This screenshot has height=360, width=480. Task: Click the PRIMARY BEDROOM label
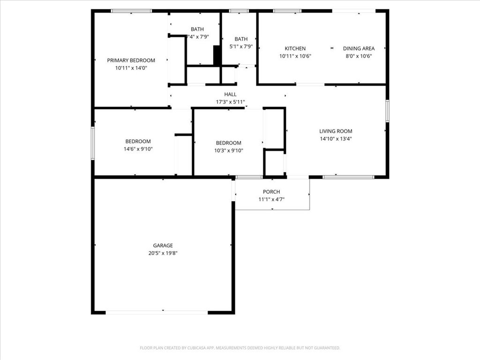(131, 60)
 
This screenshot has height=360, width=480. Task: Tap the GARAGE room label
(163, 246)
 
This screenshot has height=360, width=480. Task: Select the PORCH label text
(271, 192)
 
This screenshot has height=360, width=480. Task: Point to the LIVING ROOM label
(336, 131)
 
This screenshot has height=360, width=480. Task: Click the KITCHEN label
(295, 48)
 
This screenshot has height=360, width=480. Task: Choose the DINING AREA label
(359, 48)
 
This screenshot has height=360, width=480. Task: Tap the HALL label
(230, 94)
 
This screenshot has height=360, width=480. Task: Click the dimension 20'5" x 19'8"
(163, 253)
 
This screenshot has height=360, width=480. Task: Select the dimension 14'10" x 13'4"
(336, 139)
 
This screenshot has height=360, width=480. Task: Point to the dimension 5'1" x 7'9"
(241, 46)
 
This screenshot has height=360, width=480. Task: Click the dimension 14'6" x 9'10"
(138, 149)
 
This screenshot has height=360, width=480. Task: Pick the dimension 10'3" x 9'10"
(229, 150)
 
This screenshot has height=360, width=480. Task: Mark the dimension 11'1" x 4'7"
(271, 199)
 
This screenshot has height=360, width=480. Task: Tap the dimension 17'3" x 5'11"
(231, 102)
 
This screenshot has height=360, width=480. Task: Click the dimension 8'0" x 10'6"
(359, 56)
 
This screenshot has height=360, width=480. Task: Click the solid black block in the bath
(217, 55)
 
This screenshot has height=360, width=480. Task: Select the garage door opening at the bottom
(157, 313)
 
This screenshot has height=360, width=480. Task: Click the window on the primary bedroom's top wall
(131, 11)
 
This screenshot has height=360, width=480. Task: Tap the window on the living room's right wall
(387, 111)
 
